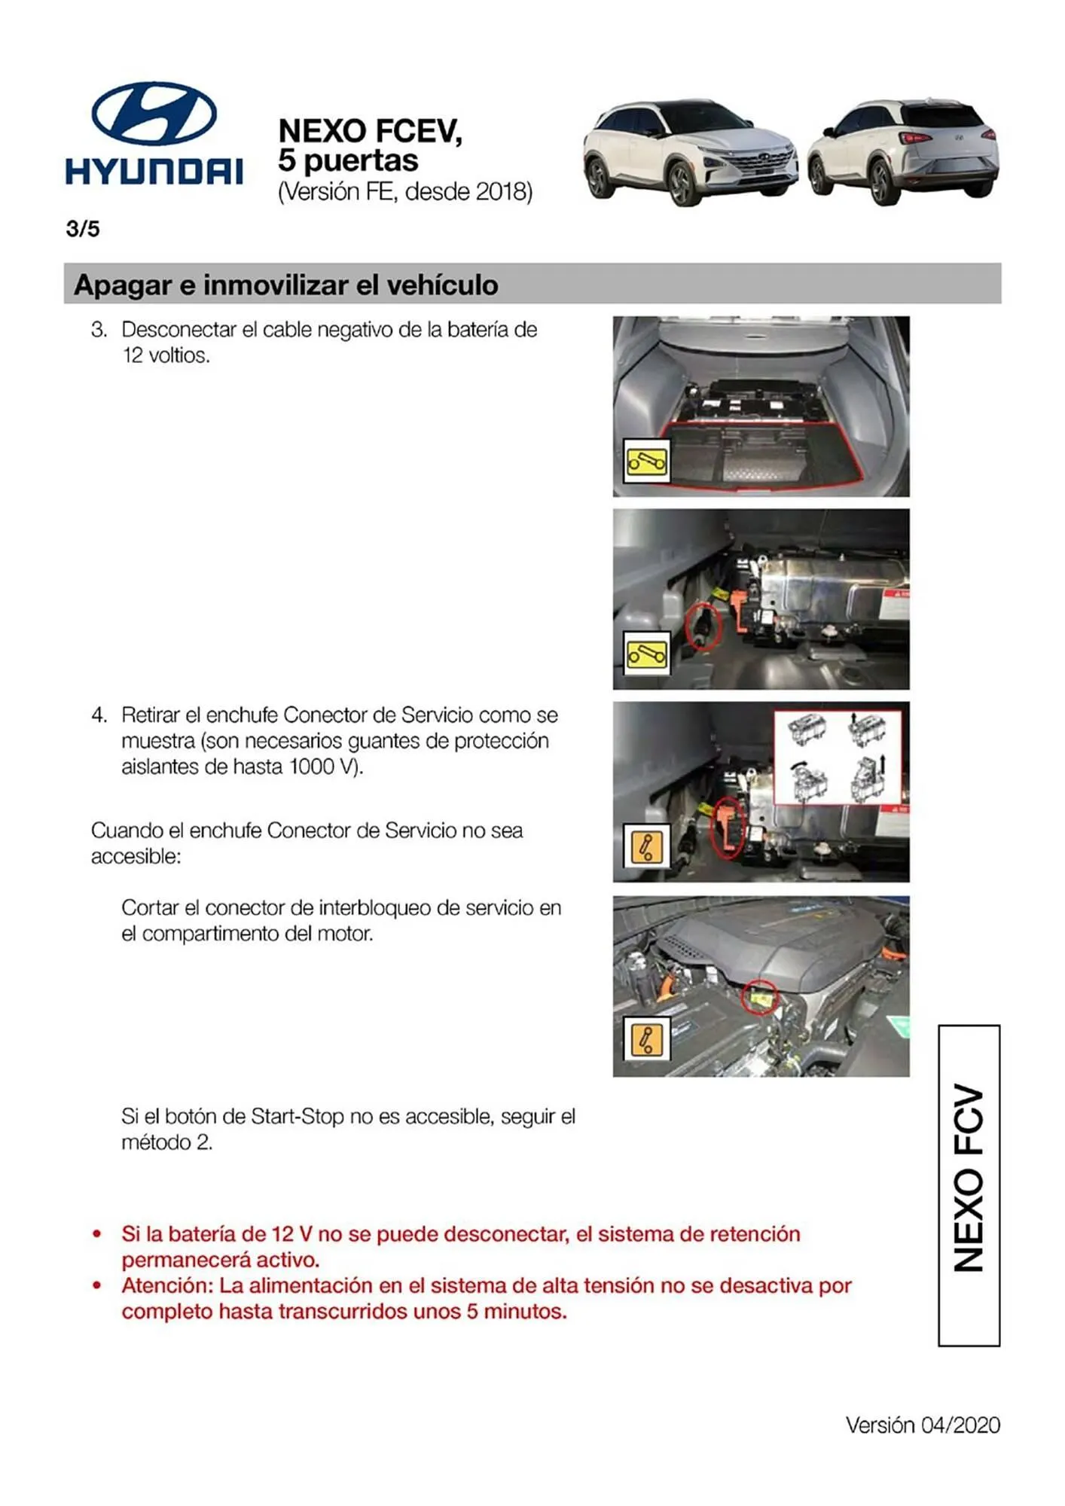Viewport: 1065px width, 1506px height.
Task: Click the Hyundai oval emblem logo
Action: tap(154, 114)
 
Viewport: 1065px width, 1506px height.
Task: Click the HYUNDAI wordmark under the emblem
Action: tap(154, 172)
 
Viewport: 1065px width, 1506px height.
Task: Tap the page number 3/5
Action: tap(83, 229)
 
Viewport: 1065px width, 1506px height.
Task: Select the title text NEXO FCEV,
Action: tap(369, 131)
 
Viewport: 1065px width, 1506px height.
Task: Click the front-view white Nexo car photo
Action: tap(689, 153)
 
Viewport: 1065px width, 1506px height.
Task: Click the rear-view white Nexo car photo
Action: tap(903, 151)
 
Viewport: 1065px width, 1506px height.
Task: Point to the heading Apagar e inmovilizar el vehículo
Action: tap(286, 285)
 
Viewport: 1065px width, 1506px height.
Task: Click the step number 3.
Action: tap(99, 330)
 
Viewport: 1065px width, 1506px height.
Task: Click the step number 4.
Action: tap(99, 715)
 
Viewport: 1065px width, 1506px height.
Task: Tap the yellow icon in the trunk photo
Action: tap(647, 461)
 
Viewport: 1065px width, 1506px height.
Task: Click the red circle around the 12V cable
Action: tap(702, 626)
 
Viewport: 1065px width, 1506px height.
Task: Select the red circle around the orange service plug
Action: tap(728, 828)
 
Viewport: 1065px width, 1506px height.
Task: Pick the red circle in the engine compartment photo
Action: tap(759, 998)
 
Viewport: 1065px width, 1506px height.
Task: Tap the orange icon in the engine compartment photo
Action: tap(647, 1039)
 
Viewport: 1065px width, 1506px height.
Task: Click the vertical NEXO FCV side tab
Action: tap(969, 1185)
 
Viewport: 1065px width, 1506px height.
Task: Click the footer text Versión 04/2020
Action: tap(923, 1425)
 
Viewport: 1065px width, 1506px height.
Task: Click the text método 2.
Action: tap(166, 1142)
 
